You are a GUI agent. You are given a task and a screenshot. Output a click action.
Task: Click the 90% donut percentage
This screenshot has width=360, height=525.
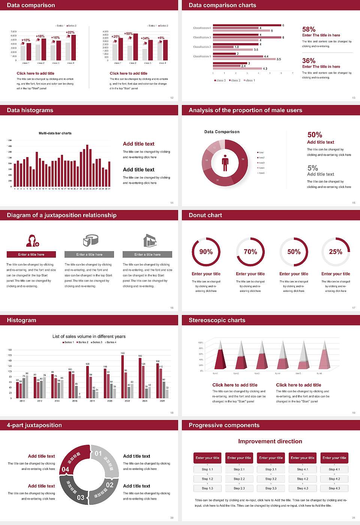pyautogui.click(x=206, y=252)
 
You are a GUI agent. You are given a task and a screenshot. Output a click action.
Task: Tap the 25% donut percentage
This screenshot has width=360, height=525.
pyautogui.click(x=335, y=252)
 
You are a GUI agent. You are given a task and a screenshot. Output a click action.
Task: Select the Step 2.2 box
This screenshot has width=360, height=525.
pyautogui.click(x=239, y=479)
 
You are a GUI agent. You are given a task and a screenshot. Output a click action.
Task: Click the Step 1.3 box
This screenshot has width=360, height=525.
pyautogui.click(x=207, y=488)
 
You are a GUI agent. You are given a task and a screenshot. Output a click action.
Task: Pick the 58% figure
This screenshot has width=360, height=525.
pyautogui.click(x=309, y=29)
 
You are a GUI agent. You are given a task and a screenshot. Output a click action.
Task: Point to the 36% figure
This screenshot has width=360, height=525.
pyautogui.click(x=309, y=61)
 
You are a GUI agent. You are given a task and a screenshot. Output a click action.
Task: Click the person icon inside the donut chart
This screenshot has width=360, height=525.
pyautogui.click(x=225, y=163)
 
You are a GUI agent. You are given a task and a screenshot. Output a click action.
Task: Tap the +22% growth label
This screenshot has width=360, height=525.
pyautogui.click(x=70, y=32)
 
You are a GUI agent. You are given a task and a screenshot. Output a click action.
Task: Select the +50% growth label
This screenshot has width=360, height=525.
pyautogui.click(x=128, y=33)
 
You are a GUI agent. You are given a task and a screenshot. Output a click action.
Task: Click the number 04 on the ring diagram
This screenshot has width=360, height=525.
pyautogui.click(x=65, y=469)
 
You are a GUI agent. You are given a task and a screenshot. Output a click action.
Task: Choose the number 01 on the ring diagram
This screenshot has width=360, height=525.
pyautogui.click(x=98, y=453)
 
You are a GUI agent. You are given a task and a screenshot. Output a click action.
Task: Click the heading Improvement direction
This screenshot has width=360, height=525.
pyautogui.click(x=270, y=441)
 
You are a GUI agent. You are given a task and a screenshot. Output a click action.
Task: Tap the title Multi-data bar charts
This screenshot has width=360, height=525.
pyautogui.click(x=55, y=133)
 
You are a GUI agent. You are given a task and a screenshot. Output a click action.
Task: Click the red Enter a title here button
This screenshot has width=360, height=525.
pyautogui.click(x=31, y=254)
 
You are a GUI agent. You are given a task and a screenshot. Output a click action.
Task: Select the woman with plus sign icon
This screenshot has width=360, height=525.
pyautogui.click(x=32, y=240)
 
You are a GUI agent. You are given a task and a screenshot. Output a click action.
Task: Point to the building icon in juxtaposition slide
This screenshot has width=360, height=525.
pyautogui.click(x=150, y=240)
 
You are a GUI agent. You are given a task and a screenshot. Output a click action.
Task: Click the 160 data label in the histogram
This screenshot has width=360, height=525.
pyautogui.click(x=123, y=353)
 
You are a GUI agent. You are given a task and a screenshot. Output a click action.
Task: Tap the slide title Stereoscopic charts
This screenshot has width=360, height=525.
pyautogui.click(x=217, y=320)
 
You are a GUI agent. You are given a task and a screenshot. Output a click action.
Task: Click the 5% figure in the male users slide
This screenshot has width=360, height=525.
pyautogui.click(x=312, y=168)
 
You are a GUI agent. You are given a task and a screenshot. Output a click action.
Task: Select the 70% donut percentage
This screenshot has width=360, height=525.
pyautogui.click(x=250, y=252)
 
